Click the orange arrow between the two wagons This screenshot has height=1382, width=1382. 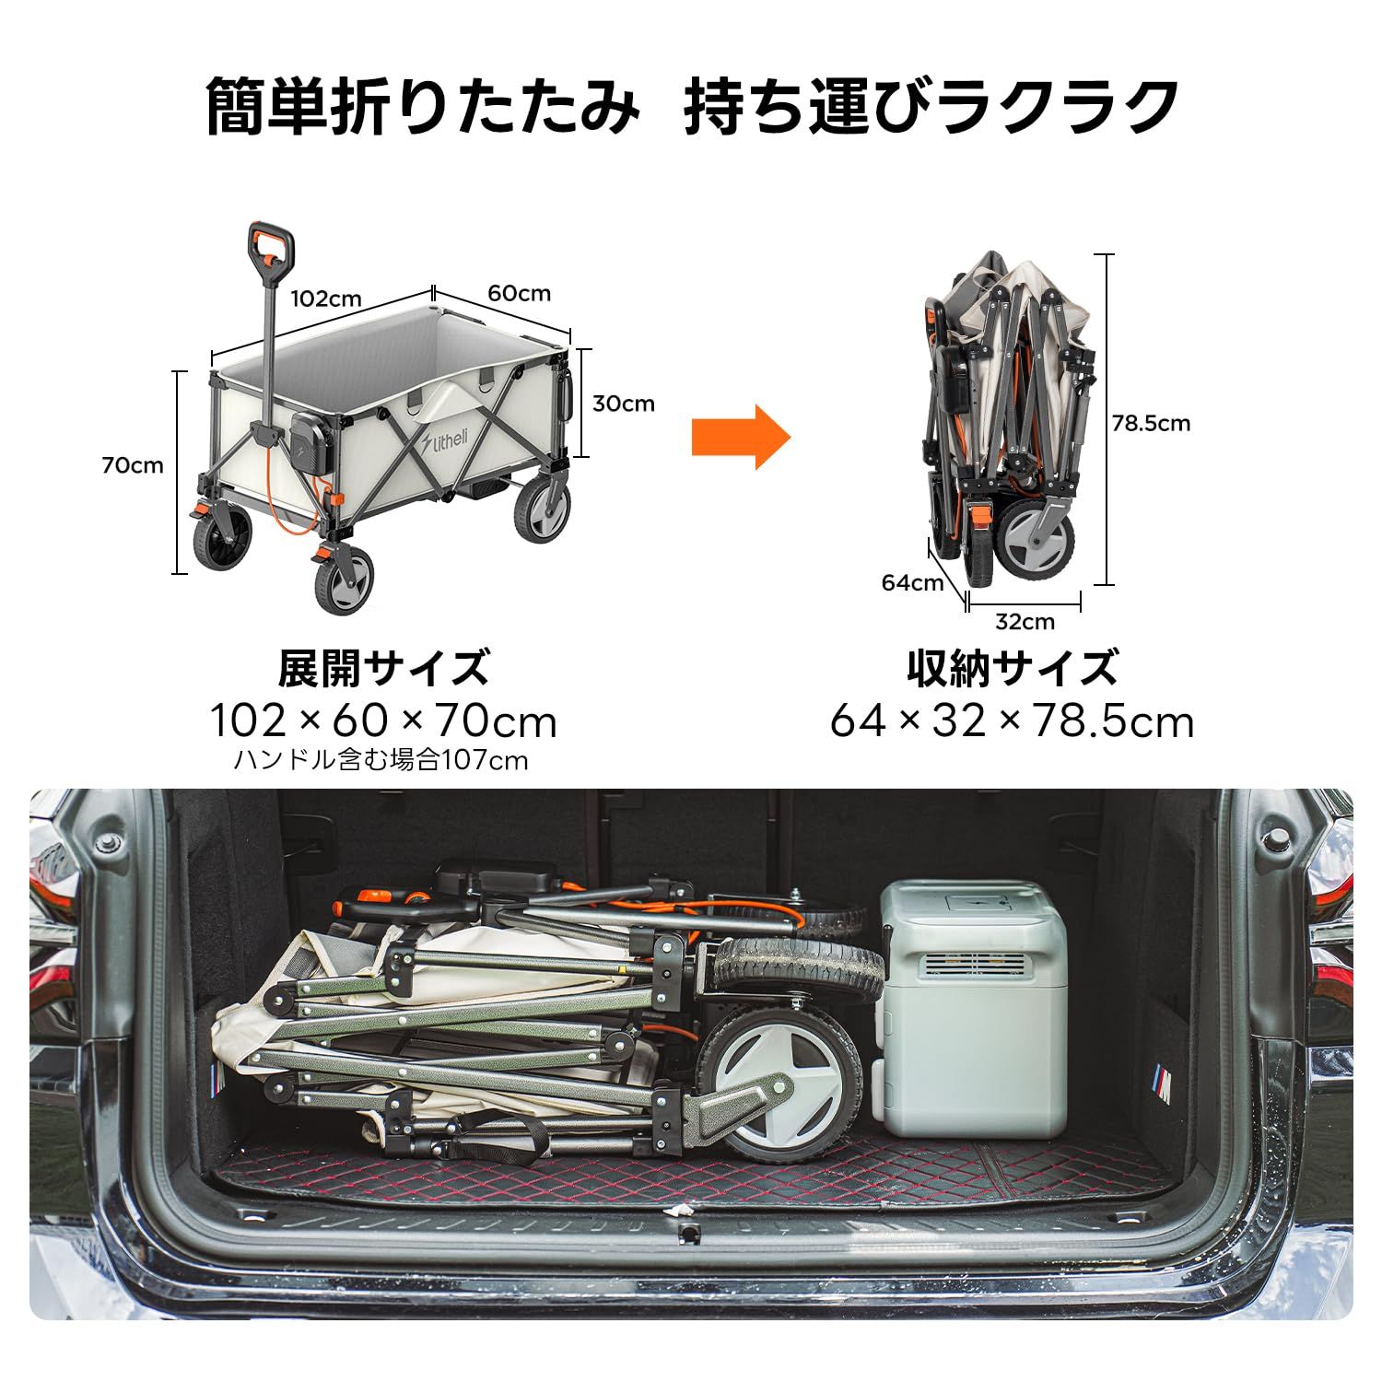(740, 437)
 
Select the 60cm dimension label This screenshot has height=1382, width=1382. (519, 294)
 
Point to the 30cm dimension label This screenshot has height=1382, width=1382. (623, 404)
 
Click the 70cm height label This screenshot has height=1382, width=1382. (133, 465)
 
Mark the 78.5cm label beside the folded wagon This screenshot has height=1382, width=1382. (1151, 424)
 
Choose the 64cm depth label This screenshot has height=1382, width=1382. (912, 583)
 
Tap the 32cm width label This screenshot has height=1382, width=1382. (1025, 622)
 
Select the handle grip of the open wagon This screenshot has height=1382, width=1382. (270, 247)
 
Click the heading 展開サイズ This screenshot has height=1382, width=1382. (383, 668)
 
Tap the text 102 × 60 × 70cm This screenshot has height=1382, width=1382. (383, 720)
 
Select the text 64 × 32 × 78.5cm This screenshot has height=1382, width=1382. (1012, 720)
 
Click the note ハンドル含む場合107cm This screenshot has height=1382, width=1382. (381, 761)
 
